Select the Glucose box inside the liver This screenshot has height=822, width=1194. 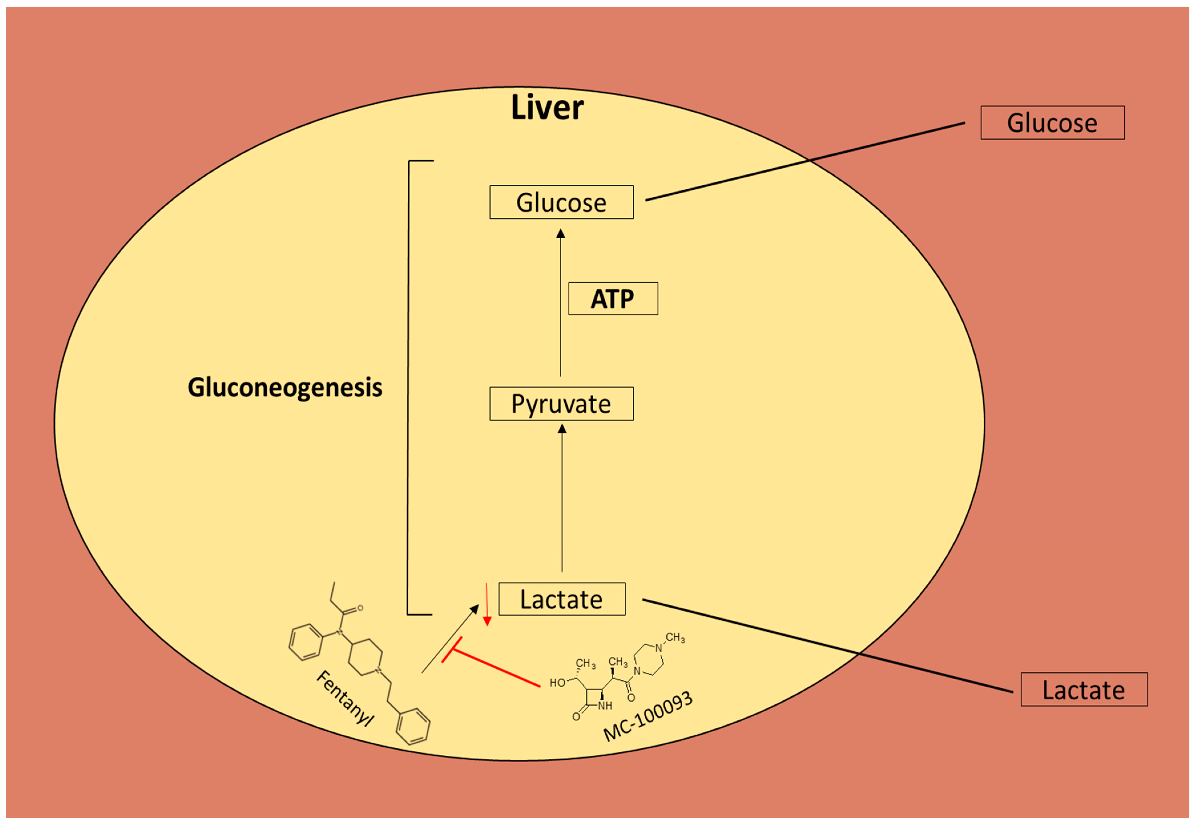click(x=561, y=202)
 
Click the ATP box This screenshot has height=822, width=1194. click(x=613, y=299)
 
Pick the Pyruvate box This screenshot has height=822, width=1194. click(x=561, y=404)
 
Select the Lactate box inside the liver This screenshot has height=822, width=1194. click(x=562, y=599)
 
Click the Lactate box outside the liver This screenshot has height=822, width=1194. click(x=1084, y=690)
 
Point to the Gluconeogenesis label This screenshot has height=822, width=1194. click(x=285, y=387)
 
